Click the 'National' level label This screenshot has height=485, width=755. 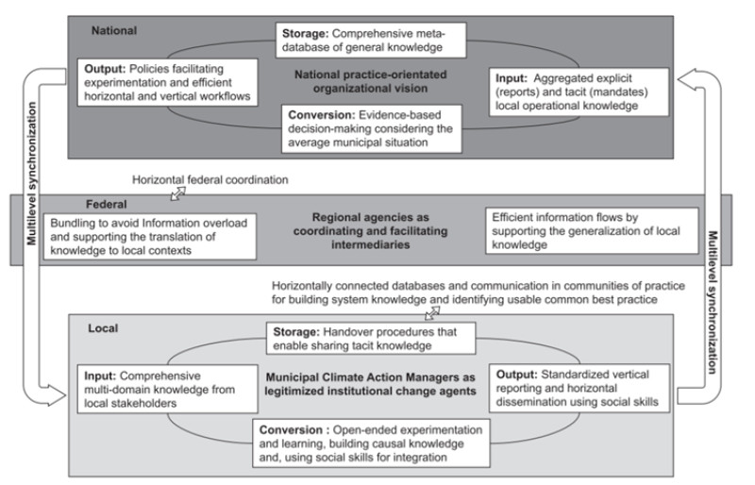[x=114, y=30]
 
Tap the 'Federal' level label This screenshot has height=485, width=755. [x=107, y=204]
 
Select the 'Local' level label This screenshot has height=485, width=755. [x=103, y=328]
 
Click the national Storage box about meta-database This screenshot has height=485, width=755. [x=371, y=41]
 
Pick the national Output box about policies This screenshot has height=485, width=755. [x=168, y=82]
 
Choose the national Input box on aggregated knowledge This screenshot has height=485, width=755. [x=579, y=92]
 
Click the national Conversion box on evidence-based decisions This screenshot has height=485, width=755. [x=372, y=128]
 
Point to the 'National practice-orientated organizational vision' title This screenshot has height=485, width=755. [x=371, y=81]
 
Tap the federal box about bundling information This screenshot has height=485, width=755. [x=150, y=237]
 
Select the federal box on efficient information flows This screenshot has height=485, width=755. [x=592, y=230]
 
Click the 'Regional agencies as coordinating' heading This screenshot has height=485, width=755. [x=371, y=230]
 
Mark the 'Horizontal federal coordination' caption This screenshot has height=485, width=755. [x=210, y=179]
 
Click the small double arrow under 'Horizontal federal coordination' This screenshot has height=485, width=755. [x=178, y=193]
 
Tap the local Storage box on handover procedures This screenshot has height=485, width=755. [x=371, y=339]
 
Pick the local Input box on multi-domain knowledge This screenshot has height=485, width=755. [x=168, y=389]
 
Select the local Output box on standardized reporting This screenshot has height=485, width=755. [x=579, y=388]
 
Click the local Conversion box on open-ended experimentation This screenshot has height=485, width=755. [x=371, y=443]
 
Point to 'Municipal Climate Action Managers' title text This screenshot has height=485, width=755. [x=370, y=384]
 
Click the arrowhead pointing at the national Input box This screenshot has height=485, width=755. [x=685, y=79]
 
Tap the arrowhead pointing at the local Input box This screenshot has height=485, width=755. [x=57, y=395]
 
